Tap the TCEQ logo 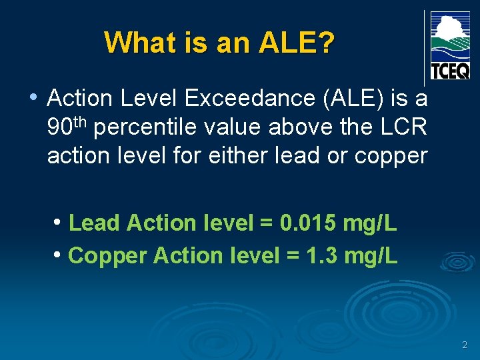[450, 45]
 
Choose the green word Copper [108, 255]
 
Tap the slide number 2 [464, 345]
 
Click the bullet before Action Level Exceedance [33, 97]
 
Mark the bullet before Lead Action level [59, 222]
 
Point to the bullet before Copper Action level [59, 253]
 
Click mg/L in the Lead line [370, 223]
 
